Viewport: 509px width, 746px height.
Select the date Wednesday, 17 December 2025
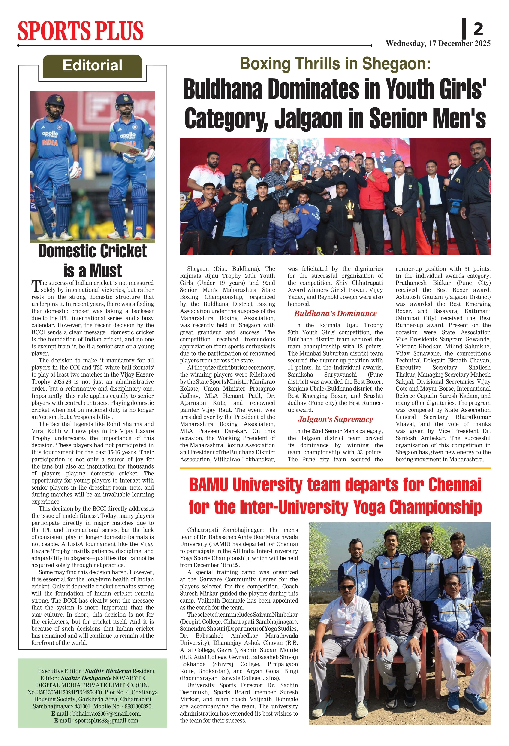point(438,43)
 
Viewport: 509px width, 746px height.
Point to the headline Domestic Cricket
point(92,251)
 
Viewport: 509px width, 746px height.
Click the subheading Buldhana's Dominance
point(335,314)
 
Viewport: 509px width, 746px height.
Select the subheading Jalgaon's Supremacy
point(335,420)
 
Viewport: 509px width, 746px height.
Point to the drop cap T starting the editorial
point(36,286)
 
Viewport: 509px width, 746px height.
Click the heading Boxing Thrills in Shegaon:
point(335,64)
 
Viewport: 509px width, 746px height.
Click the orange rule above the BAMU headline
point(335,468)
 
